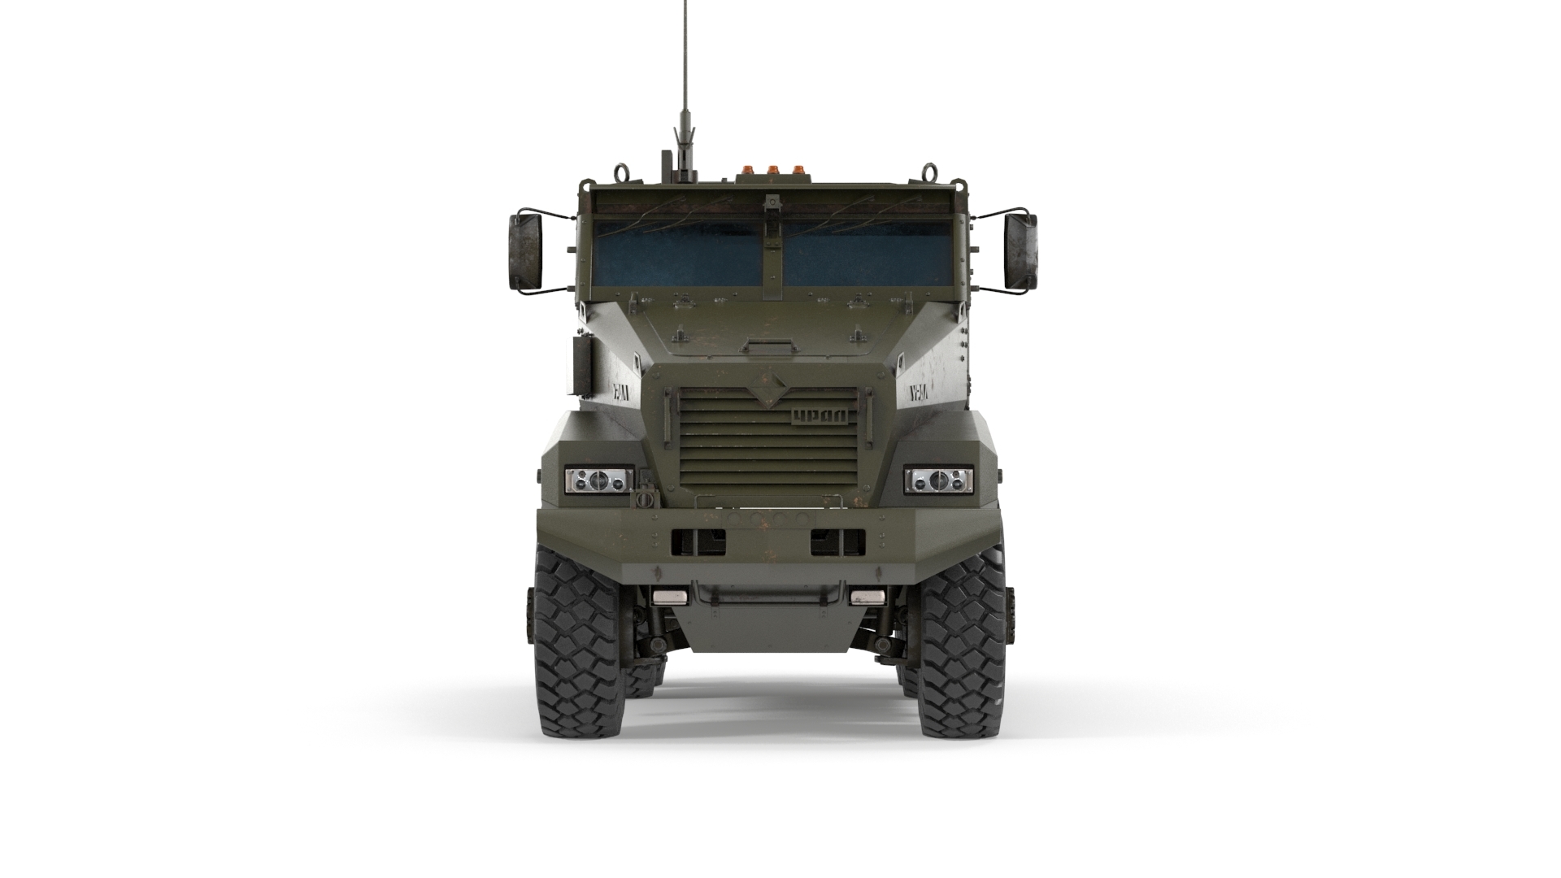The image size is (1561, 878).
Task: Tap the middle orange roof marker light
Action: point(768,172)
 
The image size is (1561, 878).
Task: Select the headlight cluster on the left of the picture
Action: point(599,481)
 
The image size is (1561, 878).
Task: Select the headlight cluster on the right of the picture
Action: point(939,481)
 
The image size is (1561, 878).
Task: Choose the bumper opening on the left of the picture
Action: point(698,541)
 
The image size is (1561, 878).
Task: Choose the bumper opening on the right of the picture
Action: point(837,541)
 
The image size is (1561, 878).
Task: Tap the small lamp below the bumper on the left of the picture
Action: point(670,598)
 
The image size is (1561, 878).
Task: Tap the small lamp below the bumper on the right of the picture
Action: point(867,598)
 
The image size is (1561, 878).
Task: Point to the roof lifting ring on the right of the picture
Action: point(927,173)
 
